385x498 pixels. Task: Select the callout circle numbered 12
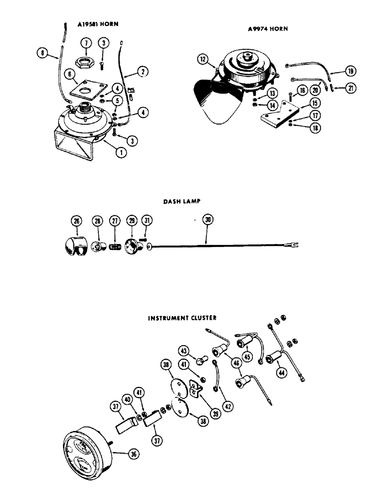tap(203, 59)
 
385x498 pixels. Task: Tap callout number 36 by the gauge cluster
tap(133, 454)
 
